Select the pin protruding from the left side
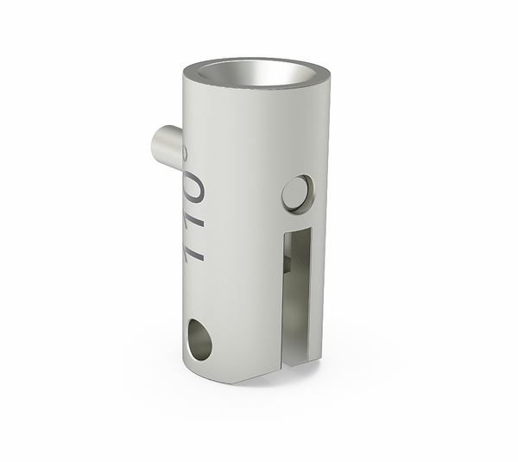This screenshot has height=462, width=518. pyautogui.click(x=167, y=145)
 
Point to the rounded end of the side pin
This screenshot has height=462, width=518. pyautogui.click(x=157, y=144)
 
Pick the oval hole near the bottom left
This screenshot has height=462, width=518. pyautogui.click(x=199, y=339)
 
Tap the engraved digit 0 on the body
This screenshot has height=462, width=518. pyautogui.click(x=195, y=189)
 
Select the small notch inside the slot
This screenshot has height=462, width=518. pyautogui.click(x=287, y=263)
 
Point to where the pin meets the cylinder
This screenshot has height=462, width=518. pyautogui.click(x=181, y=147)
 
